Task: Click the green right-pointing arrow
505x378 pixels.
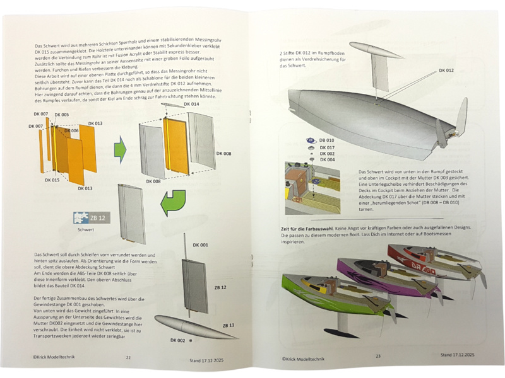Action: [120, 151]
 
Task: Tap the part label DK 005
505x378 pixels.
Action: [62, 115]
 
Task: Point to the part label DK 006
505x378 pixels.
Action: [62, 130]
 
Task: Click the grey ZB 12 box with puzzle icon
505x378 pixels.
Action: [92, 218]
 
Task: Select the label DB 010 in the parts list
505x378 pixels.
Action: [326, 140]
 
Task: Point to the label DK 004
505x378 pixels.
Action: [328, 160]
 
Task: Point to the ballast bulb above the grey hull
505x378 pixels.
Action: [372, 50]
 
